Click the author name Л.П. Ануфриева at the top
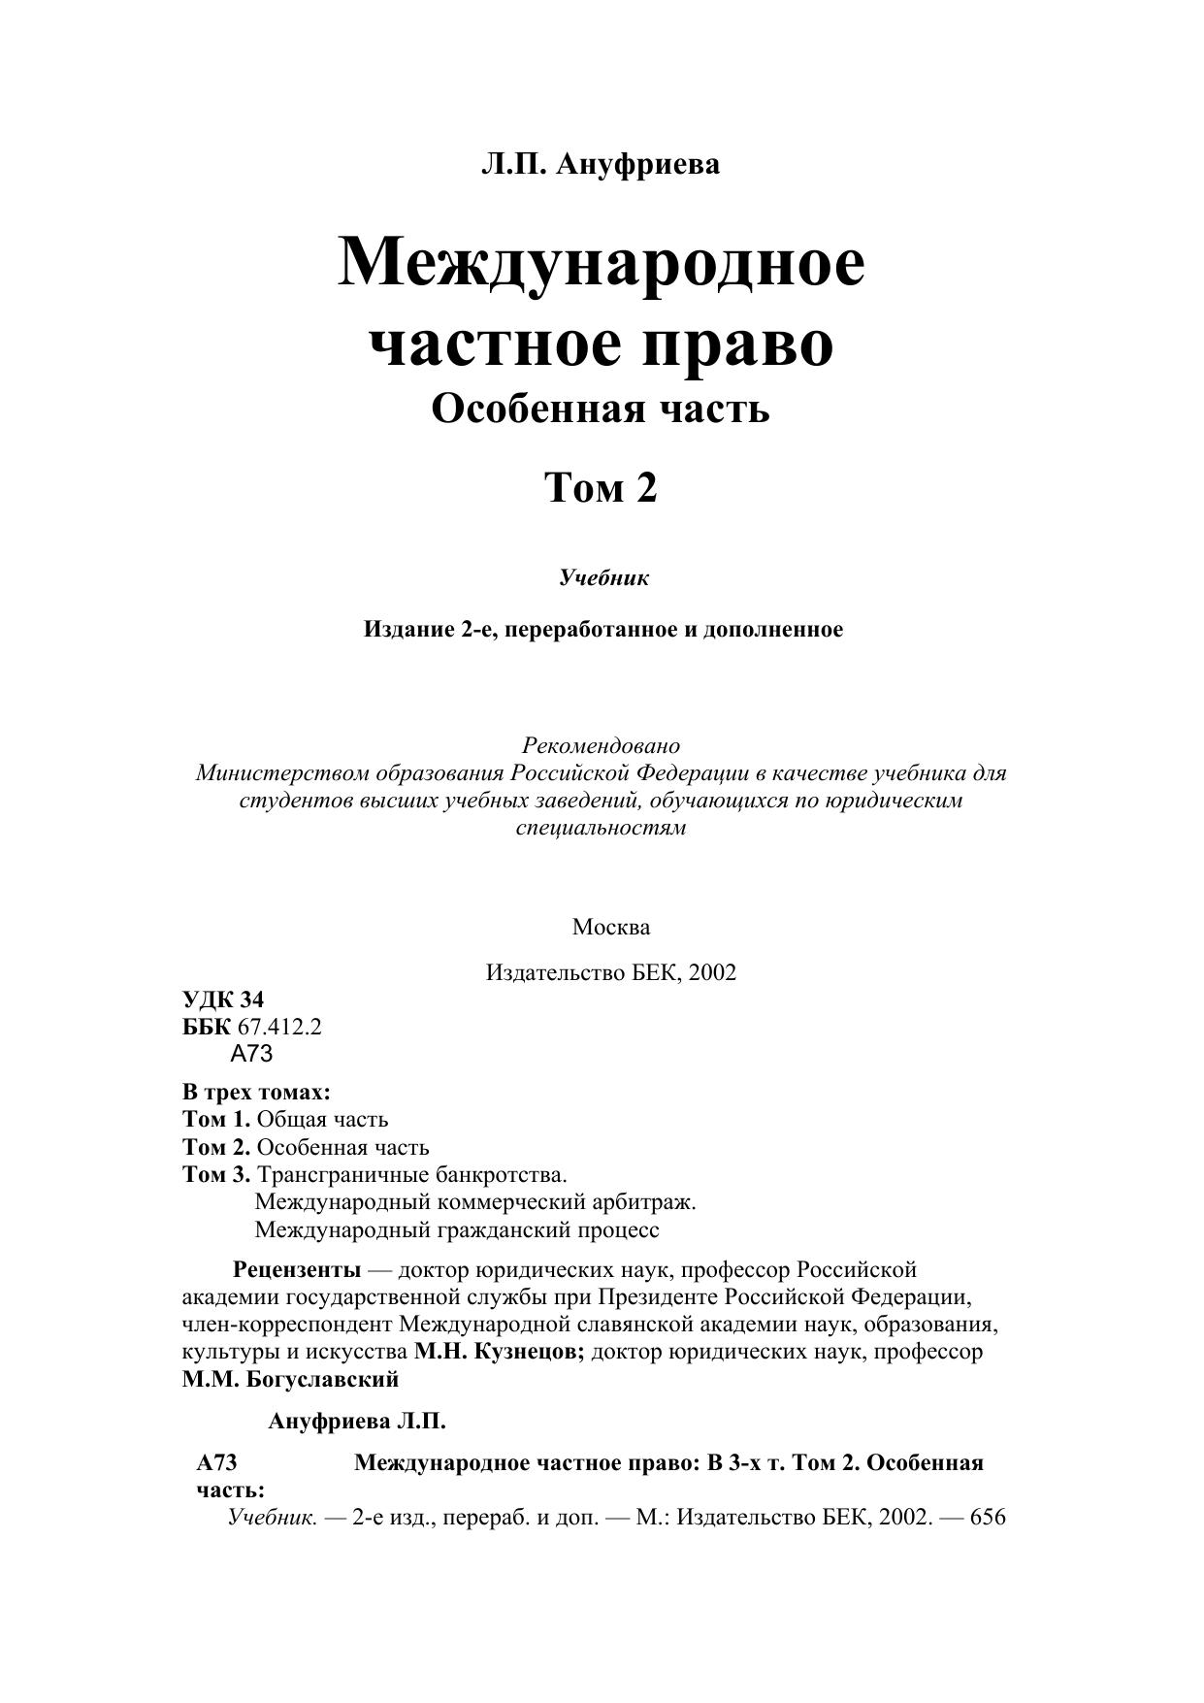point(601,164)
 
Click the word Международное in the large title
point(601,262)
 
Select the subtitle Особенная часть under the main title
point(601,409)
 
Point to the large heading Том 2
point(601,487)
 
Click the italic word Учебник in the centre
point(603,578)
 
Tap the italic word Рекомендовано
point(601,746)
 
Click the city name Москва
point(611,927)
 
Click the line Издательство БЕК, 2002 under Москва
point(611,972)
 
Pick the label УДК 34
point(223,999)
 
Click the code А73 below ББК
point(252,1054)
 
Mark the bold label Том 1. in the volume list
point(216,1120)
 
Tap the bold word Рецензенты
point(297,1270)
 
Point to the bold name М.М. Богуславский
point(290,1379)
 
